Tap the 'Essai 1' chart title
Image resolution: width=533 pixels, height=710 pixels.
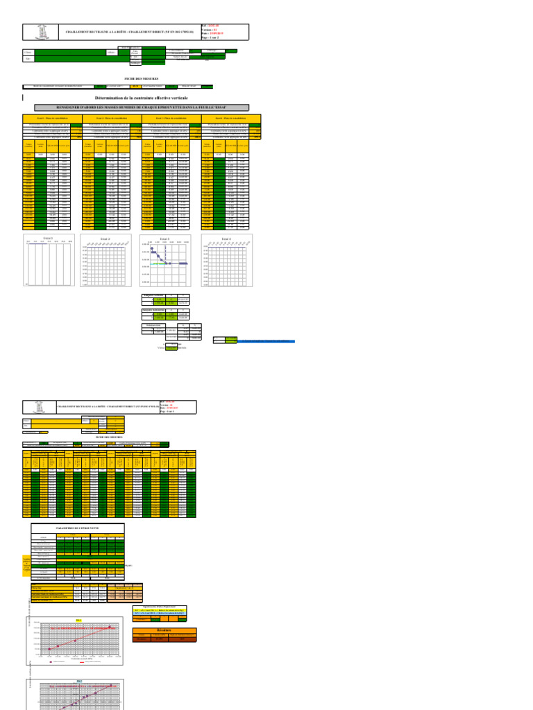point(49,237)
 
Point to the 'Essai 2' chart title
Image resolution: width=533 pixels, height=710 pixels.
point(105,239)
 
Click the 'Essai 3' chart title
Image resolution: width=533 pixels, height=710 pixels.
point(164,239)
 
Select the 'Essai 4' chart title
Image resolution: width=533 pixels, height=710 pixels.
point(226,239)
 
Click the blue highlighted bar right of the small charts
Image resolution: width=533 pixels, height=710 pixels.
point(265,341)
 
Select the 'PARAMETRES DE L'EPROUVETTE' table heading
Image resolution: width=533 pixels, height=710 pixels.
point(77,528)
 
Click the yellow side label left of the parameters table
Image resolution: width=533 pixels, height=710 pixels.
point(27,563)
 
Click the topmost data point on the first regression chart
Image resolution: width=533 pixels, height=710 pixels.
point(110,627)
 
